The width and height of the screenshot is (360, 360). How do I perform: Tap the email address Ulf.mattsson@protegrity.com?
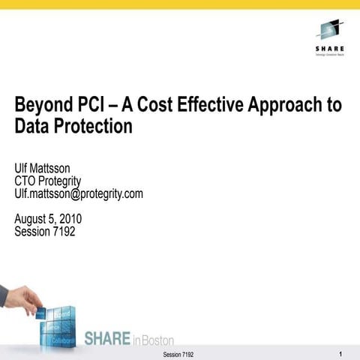tap(79, 193)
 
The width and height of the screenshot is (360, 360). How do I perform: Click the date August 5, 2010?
tap(48, 219)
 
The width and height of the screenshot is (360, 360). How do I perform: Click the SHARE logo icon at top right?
tap(327, 31)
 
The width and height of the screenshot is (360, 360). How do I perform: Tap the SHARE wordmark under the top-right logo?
tap(329, 49)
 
